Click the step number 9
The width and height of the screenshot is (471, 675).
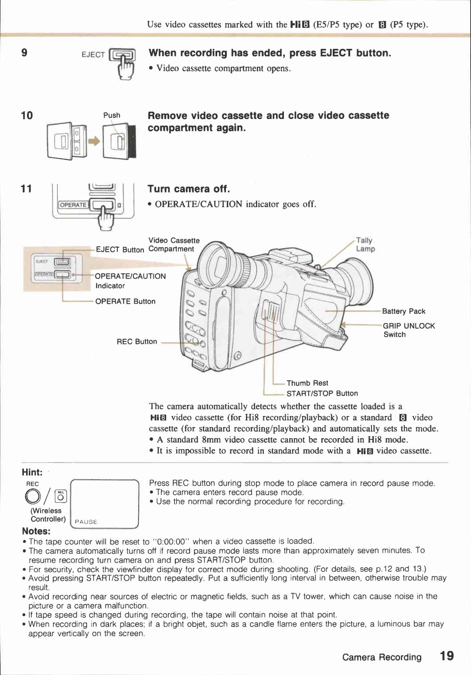point(24,53)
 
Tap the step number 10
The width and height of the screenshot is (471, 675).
point(27,116)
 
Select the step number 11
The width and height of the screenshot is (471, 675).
point(26,189)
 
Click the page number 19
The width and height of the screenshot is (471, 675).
point(447,656)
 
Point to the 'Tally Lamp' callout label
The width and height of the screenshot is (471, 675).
point(365,245)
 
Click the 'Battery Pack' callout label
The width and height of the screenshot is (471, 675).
point(403,311)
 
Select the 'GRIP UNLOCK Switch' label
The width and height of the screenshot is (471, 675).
point(408,330)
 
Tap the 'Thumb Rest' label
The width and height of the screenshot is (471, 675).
point(307,383)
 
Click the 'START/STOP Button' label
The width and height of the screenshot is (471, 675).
point(322,393)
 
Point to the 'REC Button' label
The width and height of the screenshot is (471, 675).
point(137,342)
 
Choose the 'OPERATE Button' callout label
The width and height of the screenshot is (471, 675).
point(125,301)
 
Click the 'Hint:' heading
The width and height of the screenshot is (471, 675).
point(32,472)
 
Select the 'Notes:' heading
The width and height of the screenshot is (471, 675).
point(36,531)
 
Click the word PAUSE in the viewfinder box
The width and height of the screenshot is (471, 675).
point(86,522)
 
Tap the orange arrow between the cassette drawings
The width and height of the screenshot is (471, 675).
point(94,141)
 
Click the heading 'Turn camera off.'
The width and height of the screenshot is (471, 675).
point(188,189)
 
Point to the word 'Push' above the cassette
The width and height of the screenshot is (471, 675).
point(112,115)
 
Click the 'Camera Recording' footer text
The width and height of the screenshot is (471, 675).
point(382,657)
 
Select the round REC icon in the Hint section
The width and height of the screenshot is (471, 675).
point(33,496)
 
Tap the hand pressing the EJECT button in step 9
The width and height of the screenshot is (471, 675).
point(126,70)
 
